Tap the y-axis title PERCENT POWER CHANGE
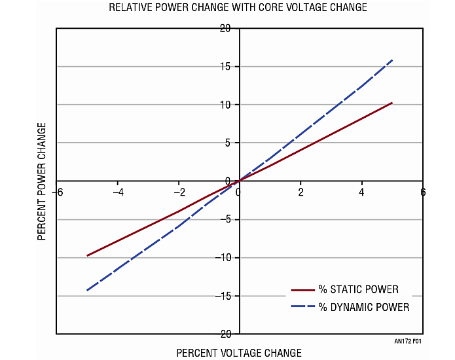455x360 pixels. pyautogui.click(x=43, y=181)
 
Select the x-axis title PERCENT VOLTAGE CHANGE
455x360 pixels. pyautogui.click(x=239, y=353)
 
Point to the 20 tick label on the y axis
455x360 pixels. pyautogui.click(x=225, y=28)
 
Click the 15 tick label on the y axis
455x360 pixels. pyautogui.click(x=225, y=66)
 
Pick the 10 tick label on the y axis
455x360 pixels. pyautogui.click(x=225, y=105)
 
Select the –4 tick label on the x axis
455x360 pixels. pyautogui.click(x=118, y=192)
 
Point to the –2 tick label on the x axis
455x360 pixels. pyautogui.click(x=178, y=192)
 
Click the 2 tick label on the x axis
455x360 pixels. pyautogui.click(x=300, y=192)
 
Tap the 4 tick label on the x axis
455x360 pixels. pyautogui.click(x=361, y=192)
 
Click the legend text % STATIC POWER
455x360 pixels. pyautogui.click(x=359, y=289)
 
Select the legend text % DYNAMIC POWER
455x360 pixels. pyautogui.click(x=364, y=307)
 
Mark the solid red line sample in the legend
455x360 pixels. pyautogui.click(x=302, y=289)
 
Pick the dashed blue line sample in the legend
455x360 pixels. pyautogui.click(x=302, y=307)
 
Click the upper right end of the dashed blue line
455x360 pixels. pyautogui.click(x=392, y=60)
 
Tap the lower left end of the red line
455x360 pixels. pyautogui.click(x=87, y=255)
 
